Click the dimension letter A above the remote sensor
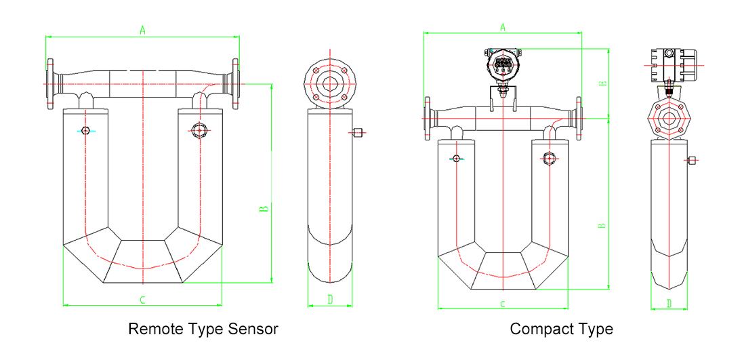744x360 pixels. click(142, 30)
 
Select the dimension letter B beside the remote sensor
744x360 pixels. click(265, 207)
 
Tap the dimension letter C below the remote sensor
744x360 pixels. click(142, 299)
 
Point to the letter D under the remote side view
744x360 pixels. click(330, 299)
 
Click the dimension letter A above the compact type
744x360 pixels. click(503, 27)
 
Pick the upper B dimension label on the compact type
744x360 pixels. click(602, 83)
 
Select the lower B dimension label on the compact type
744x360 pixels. click(602, 225)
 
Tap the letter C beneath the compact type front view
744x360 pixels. click(503, 304)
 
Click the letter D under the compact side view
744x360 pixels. click(669, 303)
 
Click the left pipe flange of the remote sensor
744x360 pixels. click(51, 84)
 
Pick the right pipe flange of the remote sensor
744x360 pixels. click(235, 84)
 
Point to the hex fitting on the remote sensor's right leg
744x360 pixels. click(199, 130)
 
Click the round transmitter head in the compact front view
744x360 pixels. click(503, 65)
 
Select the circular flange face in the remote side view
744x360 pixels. click(330, 83)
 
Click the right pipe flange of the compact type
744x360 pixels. click(579, 119)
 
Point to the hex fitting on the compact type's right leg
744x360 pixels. click(549, 159)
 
